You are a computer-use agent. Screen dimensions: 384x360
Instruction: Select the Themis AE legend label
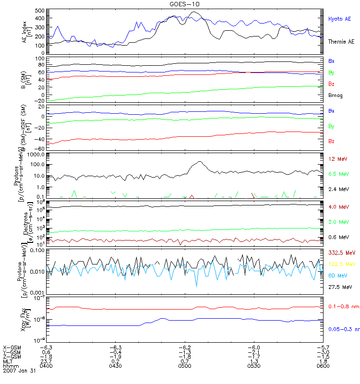click(x=341, y=42)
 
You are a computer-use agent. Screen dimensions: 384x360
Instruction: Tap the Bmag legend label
click(x=335, y=96)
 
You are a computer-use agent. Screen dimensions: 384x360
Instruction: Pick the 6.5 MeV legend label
click(x=338, y=174)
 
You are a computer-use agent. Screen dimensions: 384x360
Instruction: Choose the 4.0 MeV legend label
click(x=338, y=207)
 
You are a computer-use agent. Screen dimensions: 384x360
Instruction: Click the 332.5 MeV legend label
click(x=341, y=252)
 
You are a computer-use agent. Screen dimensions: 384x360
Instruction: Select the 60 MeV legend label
click(x=337, y=276)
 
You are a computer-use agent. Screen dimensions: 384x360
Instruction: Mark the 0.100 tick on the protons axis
click(x=37, y=251)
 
